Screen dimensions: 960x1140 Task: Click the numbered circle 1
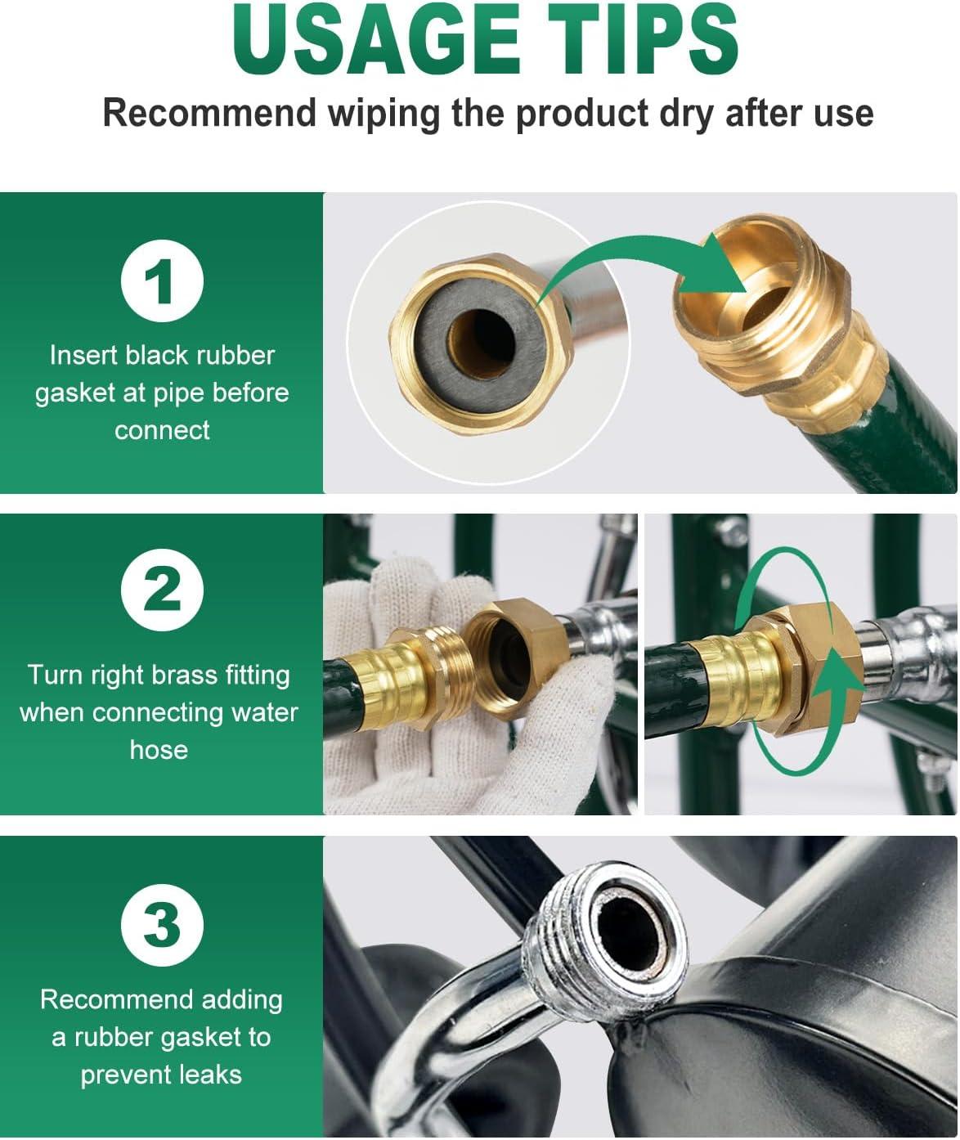(x=162, y=281)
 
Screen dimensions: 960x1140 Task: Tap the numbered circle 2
(x=162, y=590)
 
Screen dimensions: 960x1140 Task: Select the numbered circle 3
(x=162, y=926)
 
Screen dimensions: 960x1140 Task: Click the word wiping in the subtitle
(x=384, y=114)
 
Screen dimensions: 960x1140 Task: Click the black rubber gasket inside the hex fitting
(x=481, y=344)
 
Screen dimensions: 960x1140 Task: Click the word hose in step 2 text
(x=159, y=750)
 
